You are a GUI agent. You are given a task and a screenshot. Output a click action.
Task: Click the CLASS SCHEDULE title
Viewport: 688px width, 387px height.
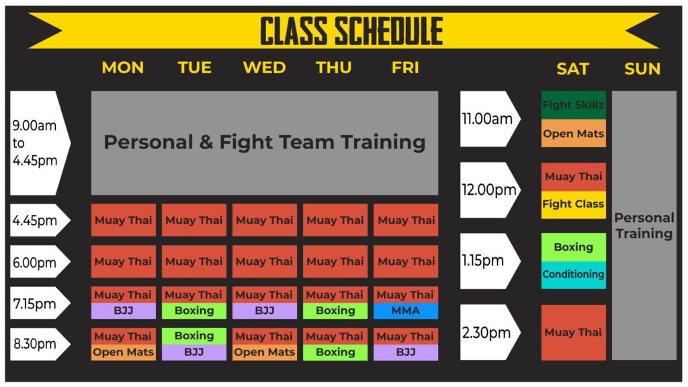(x=351, y=31)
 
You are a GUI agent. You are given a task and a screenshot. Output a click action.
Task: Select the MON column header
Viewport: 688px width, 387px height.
(x=123, y=68)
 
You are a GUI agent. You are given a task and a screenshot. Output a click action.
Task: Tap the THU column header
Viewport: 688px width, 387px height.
(x=334, y=68)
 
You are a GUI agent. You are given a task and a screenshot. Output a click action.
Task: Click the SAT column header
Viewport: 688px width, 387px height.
(x=572, y=69)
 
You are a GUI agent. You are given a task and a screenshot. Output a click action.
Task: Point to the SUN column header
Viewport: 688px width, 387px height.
(x=642, y=69)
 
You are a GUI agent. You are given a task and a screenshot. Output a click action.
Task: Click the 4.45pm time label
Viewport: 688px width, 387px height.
(x=35, y=220)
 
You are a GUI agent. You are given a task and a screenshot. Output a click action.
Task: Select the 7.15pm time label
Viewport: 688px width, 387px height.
(x=35, y=303)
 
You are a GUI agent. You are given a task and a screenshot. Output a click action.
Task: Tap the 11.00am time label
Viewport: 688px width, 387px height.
(x=486, y=119)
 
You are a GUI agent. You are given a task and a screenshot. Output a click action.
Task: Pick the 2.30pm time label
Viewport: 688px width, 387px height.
(x=486, y=332)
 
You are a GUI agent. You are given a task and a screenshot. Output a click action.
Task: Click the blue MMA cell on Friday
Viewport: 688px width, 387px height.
(x=406, y=311)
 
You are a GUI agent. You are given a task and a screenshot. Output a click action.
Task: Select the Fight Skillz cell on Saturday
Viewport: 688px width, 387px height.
(x=573, y=105)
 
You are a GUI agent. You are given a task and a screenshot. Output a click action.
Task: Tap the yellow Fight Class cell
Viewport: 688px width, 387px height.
(x=573, y=204)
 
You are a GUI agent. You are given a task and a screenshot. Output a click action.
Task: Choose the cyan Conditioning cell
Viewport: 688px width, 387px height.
(x=573, y=275)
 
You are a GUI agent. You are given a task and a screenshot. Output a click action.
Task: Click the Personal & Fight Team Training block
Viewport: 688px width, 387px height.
(x=264, y=142)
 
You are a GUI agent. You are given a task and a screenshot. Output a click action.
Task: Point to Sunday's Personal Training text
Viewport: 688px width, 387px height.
(x=644, y=226)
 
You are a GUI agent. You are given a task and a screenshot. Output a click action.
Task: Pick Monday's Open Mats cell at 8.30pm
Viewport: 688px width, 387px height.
(x=123, y=352)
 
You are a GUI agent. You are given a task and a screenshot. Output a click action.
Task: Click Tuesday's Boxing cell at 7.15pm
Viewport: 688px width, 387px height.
(x=193, y=311)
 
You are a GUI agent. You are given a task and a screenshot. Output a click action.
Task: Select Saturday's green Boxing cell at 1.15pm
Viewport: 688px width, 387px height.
(x=573, y=247)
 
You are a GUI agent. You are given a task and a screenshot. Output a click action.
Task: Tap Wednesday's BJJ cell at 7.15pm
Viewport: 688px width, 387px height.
(x=264, y=311)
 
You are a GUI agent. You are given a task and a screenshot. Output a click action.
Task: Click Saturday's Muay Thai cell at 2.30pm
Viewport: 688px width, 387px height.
(x=573, y=332)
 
